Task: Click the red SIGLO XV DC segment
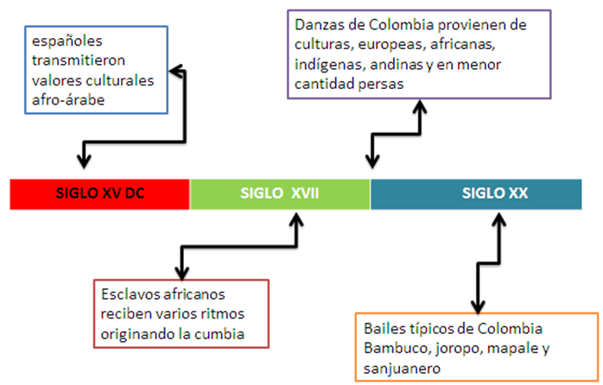point(99,194)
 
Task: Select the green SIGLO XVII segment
point(280,194)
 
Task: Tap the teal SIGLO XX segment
point(476,194)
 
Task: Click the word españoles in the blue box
point(67,41)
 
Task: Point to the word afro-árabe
point(68,100)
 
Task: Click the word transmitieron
point(79,60)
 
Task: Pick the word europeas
point(391,45)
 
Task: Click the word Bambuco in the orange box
point(394,348)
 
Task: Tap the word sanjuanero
point(402,368)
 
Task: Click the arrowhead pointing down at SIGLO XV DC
point(84,161)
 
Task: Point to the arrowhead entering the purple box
point(420,106)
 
